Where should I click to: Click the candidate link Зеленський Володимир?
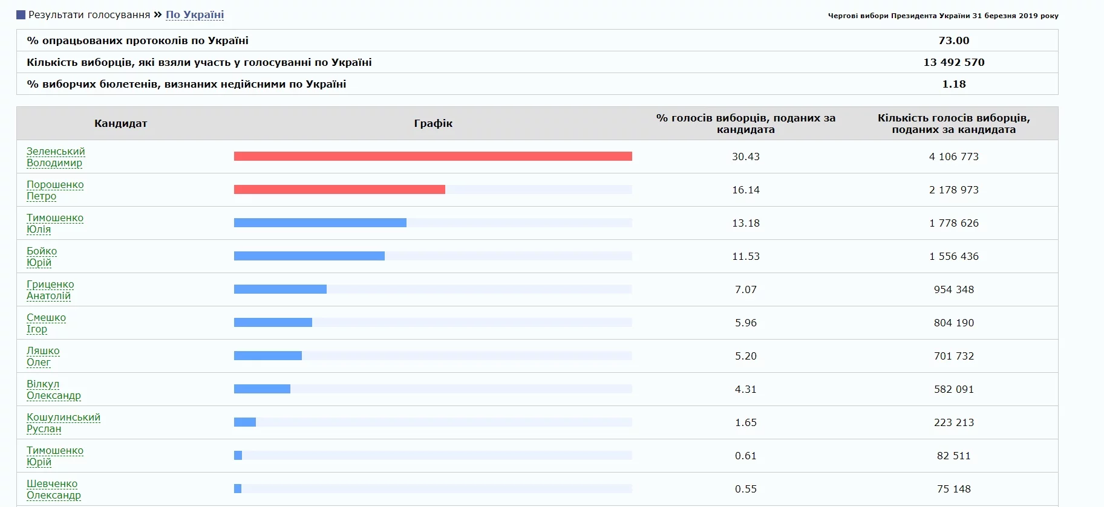pos(56,157)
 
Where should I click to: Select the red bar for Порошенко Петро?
pos(339,190)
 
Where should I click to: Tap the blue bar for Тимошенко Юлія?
pos(320,223)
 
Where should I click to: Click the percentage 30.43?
pos(745,157)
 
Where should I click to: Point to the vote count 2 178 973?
pos(953,190)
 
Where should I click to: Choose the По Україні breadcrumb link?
pos(195,15)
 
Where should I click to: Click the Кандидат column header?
pos(120,123)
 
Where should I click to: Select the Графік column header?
pos(433,123)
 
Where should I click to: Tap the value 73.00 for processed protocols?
pos(953,40)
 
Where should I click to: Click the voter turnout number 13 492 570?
pos(953,62)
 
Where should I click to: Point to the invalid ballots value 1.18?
pos(953,84)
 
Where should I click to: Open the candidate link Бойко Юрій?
pos(42,256)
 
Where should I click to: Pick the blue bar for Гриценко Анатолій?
pos(280,289)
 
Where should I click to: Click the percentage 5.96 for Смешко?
pos(745,323)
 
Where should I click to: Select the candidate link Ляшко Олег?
pos(43,356)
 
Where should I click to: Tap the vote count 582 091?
pos(953,389)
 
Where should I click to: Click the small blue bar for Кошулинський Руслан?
pos(245,422)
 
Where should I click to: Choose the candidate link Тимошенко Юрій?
pos(55,456)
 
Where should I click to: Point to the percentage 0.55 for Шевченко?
pos(745,489)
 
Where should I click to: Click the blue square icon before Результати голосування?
pos(21,15)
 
